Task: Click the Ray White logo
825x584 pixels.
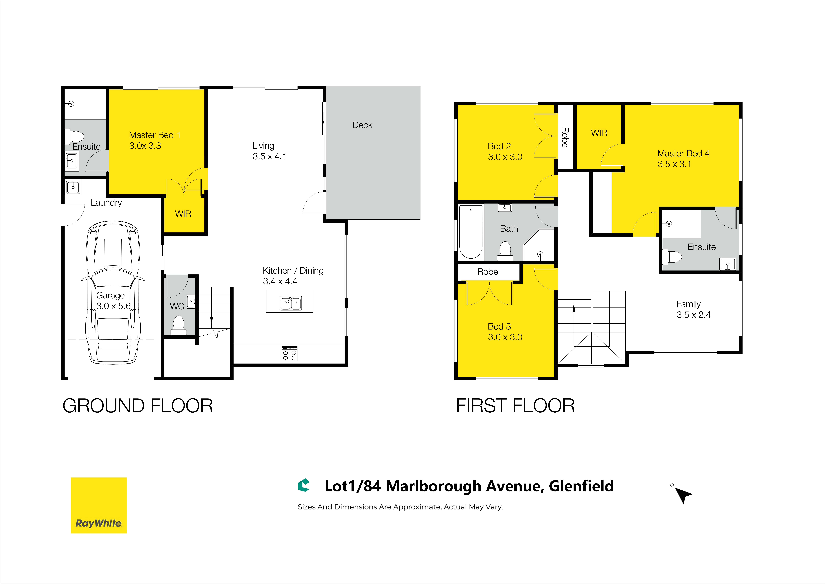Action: click(99, 505)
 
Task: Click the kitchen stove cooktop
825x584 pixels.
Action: click(289, 353)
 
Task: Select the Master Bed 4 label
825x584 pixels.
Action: click(683, 154)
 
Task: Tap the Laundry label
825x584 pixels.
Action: click(106, 203)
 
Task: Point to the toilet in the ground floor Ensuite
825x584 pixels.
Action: click(74, 137)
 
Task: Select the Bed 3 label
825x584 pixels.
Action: click(499, 327)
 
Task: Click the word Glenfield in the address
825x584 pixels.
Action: click(581, 486)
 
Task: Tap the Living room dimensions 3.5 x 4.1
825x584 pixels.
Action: click(269, 156)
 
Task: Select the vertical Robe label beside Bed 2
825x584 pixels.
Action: click(565, 137)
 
